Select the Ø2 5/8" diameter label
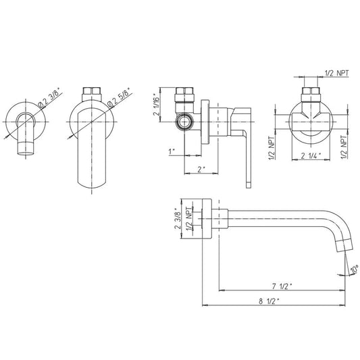(120, 97)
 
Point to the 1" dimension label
(172, 152)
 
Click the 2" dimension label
(201, 170)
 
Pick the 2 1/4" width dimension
(311, 156)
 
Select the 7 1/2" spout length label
(282, 286)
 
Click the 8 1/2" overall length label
(269, 301)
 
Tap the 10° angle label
(355, 269)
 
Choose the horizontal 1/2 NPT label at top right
(336, 73)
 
